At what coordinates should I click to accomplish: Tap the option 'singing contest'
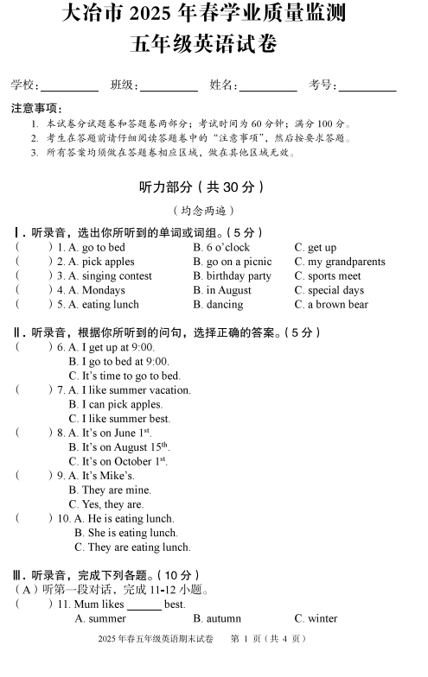116,276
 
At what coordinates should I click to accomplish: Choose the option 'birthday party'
237,276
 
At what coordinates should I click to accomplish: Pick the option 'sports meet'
334,276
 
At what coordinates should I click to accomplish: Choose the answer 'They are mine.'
116,490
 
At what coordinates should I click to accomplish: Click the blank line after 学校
70,87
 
